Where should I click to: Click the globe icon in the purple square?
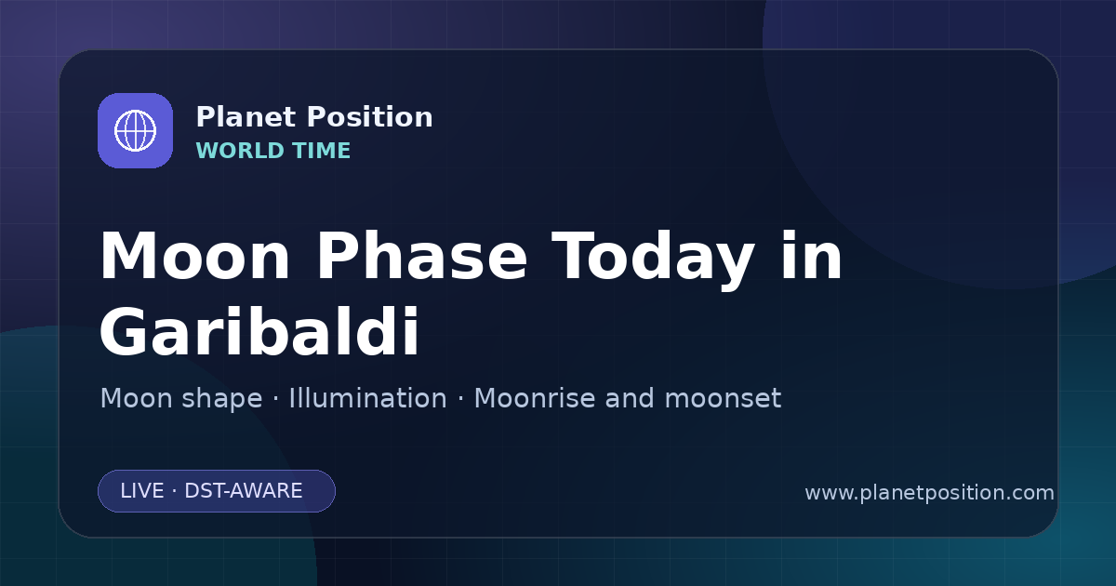point(135,130)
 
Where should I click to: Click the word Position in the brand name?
point(370,117)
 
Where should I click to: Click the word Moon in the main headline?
point(194,256)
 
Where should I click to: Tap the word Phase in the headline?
point(421,256)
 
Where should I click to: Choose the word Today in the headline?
point(653,260)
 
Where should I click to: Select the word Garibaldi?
point(259,331)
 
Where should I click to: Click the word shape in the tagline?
point(221,400)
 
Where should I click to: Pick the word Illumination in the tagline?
point(367,398)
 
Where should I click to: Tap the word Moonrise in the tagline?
point(539,398)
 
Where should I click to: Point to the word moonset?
point(723,399)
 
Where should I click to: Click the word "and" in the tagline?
point(630,398)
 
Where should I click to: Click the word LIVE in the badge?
point(142,491)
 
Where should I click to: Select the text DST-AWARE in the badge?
point(243,491)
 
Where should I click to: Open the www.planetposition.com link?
point(929,493)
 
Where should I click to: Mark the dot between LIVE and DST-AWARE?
point(175,491)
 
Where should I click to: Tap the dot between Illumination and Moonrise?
point(460,399)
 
